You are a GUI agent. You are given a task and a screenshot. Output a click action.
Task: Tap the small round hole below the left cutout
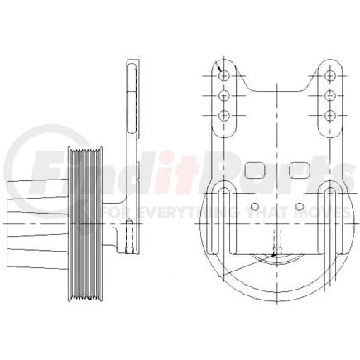pos(254,205)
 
